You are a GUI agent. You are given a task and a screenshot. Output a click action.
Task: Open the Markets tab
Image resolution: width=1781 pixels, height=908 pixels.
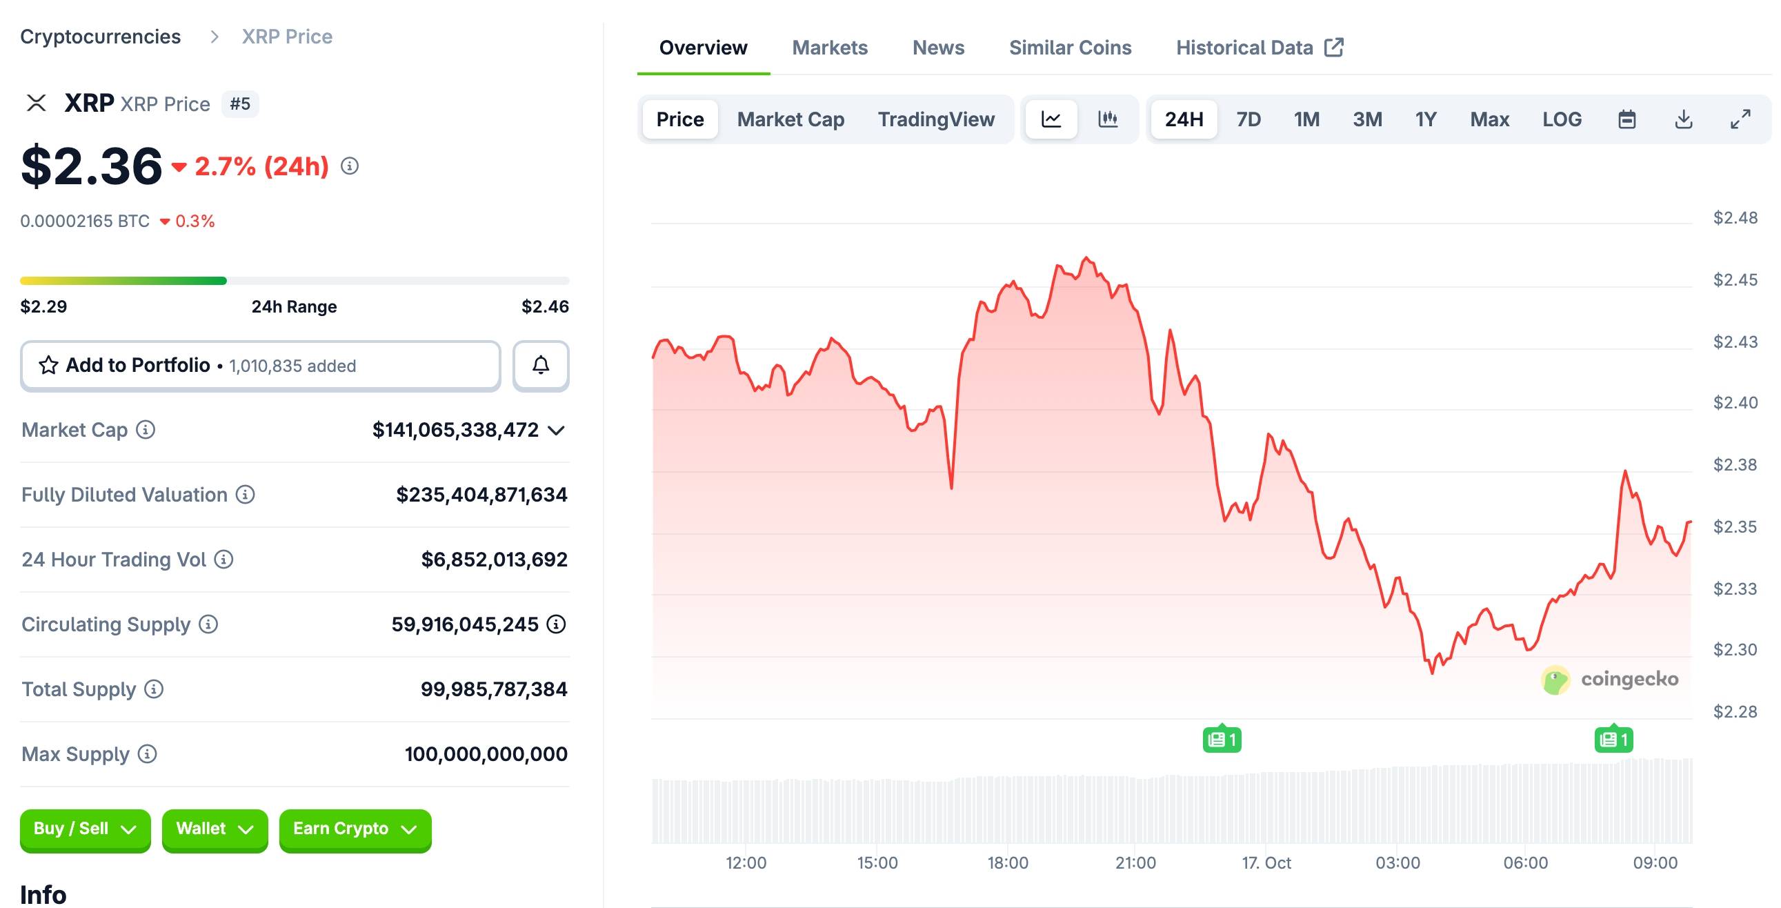[829, 48]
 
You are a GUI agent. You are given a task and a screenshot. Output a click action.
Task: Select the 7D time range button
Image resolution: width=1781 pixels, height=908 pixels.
[1248, 119]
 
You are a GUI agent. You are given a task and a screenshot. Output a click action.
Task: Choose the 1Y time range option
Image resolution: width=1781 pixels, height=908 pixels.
[1425, 119]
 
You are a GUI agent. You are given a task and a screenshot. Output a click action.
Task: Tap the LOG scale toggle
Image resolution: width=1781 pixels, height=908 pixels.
[1561, 119]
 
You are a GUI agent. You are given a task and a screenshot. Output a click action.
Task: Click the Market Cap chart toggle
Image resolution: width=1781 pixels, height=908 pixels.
[790, 119]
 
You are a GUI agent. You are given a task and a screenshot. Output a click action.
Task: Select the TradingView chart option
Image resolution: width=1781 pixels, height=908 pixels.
[935, 119]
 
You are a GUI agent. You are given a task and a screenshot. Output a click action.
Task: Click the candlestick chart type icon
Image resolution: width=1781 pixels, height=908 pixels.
[1108, 119]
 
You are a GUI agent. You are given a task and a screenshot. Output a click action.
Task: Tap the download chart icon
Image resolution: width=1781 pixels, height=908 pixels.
[1684, 119]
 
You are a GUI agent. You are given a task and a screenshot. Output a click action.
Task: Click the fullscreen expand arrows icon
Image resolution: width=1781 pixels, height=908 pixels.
[1740, 119]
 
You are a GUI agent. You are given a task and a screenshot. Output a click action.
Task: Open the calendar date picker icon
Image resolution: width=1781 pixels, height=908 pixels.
[1626, 119]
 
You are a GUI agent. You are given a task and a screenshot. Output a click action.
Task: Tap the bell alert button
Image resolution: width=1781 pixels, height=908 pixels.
[541, 365]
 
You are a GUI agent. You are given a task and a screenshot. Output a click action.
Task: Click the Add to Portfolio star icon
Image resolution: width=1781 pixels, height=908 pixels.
[48, 365]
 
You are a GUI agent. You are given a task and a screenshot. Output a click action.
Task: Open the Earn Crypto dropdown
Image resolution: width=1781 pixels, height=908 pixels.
[355, 829]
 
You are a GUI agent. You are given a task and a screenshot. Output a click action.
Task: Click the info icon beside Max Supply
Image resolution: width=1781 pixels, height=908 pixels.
[147, 753]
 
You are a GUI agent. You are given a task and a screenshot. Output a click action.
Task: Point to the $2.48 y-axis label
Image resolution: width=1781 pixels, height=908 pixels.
[1735, 218]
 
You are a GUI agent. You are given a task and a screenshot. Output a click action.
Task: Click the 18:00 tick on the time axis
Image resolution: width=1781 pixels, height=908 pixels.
[1007, 862]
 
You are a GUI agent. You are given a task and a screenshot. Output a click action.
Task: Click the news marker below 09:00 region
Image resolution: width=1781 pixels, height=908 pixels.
[1613, 740]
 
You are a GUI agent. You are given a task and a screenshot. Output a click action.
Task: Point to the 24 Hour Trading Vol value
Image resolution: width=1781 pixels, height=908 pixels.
[494, 560]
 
